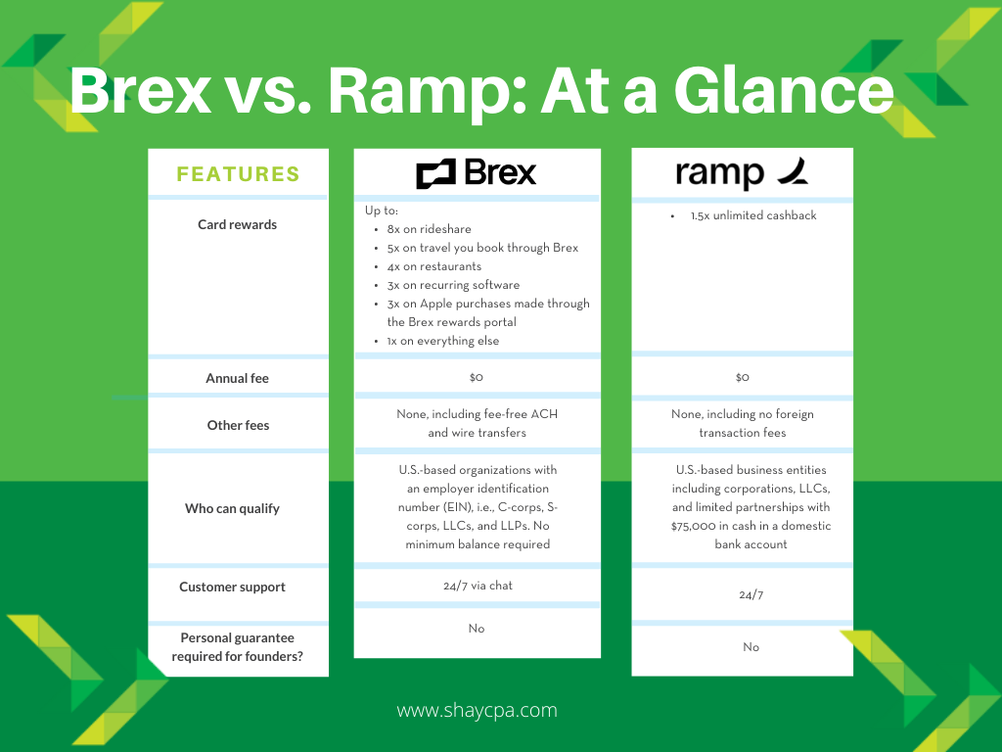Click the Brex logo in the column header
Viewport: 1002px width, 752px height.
tap(477, 173)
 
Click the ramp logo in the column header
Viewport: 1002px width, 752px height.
tap(741, 173)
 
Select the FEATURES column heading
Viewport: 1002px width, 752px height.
tap(238, 174)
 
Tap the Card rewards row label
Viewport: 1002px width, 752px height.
tap(237, 224)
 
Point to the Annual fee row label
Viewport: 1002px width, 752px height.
tap(237, 378)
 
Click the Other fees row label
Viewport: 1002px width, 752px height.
tap(238, 425)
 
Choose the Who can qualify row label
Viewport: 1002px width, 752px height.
tap(232, 508)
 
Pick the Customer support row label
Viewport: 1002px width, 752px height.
tap(232, 587)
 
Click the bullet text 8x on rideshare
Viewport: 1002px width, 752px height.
tap(429, 229)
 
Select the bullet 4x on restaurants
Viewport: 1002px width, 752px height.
tap(433, 266)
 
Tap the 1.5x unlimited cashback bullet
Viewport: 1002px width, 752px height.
tap(752, 215)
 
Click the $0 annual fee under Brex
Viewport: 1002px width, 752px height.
tap(477, 377)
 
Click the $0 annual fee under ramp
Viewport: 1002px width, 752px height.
tap(742, 377)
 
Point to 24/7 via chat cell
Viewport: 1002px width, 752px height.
tap(478, 586)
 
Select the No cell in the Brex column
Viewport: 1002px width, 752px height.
tap(477, 629)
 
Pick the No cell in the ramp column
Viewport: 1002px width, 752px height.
tap(751, 647)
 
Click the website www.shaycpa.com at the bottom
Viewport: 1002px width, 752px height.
tap(477, 711)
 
